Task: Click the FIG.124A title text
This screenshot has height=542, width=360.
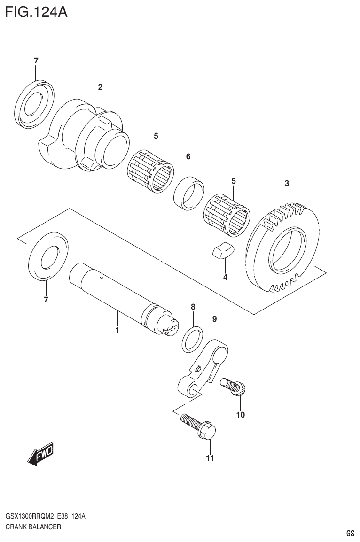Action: coord(36,11)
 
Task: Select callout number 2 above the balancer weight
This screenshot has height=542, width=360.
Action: coord(100,87)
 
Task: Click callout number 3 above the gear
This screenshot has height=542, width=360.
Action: coord(286,183)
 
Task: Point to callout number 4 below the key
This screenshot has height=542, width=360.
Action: coord(225,277)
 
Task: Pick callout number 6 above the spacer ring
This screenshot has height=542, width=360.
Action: coord(188,156)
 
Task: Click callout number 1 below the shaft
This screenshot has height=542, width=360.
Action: coord(117,330)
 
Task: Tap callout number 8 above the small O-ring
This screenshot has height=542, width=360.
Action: coord(193,306)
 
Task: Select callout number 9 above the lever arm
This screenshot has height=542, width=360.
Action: coord(214,319)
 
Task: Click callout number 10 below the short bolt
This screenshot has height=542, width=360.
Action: coord(240,415)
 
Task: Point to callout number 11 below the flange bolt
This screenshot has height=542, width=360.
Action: coord(210,458)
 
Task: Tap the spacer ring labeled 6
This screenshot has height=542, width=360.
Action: coord(189,192)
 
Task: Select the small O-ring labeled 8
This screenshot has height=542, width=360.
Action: coord(192,338)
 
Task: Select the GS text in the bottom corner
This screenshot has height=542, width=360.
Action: coord(350,533)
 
